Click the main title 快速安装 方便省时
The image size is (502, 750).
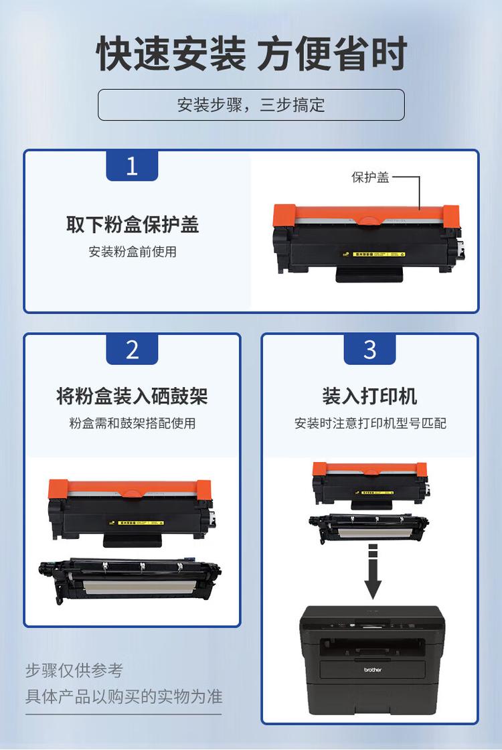[251, 54]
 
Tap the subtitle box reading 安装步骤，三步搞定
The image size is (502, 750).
[251, 105]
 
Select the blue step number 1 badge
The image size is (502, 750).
[132, 165]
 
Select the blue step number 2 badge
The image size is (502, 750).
[132, 350]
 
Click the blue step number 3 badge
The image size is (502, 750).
[369, 350]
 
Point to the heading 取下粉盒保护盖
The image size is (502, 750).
[133, 224]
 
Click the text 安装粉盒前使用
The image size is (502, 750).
[133, 252]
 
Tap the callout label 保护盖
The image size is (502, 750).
[370, 177]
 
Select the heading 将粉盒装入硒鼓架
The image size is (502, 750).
[133, 396]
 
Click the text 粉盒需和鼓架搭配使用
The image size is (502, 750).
[133, 423]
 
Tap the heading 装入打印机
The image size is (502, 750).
[369, 396]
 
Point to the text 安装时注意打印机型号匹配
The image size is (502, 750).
[369, 423]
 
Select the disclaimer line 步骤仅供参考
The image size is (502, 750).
[74, 670]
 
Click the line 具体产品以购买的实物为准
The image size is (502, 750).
[124, 696]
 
